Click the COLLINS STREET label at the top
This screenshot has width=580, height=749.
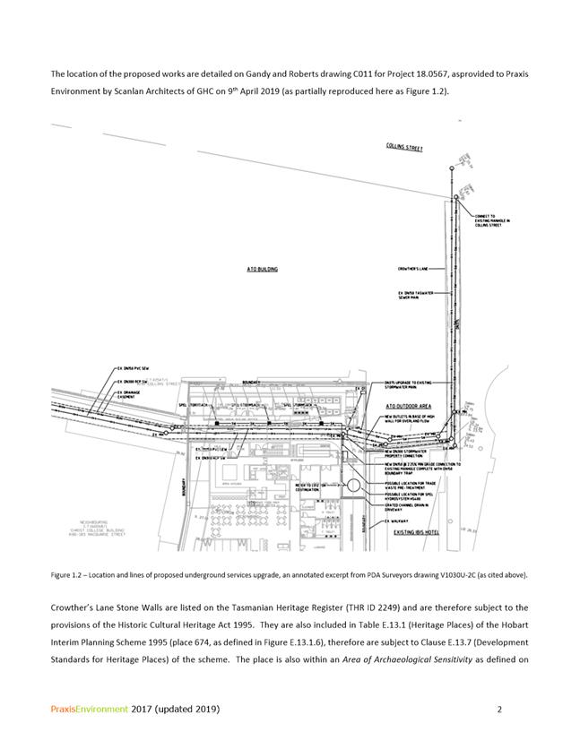pyautogui.click(x=404, y=148)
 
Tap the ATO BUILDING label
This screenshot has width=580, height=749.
pyautogui.click(x=262, y=268)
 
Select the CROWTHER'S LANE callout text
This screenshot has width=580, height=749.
pyautogui.click(x=414, y=268)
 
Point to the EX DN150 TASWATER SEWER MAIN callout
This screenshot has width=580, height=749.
pyautogui.click(x=415, y=294)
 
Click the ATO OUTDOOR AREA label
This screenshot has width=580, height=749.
pyautogui.click(x=408, y=406)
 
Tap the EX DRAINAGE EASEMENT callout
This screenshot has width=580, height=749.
pyautogui.click(x=128, y=393)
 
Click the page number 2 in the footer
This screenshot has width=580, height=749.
pyautogui.click(x=498, y=710)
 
